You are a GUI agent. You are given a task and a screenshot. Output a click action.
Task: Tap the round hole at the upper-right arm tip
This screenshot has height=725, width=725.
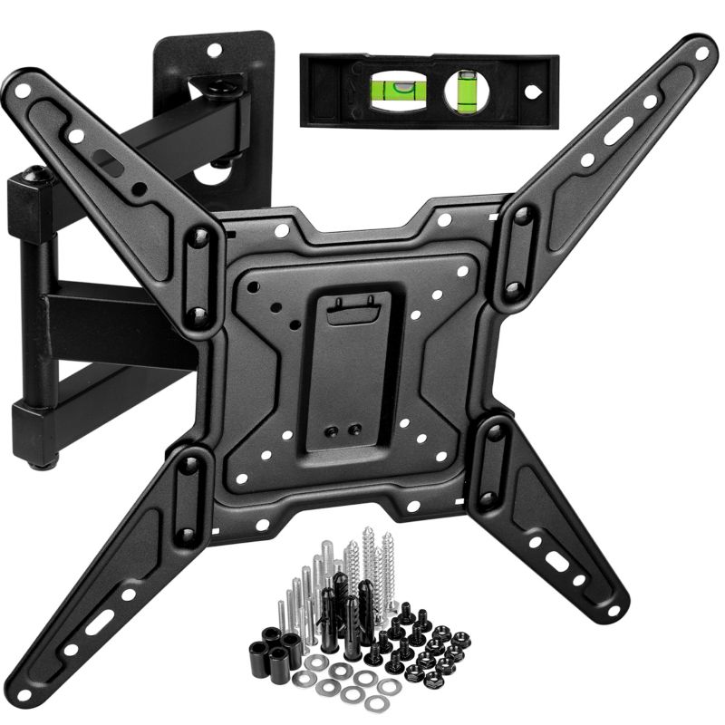click(x=701, y=53)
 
